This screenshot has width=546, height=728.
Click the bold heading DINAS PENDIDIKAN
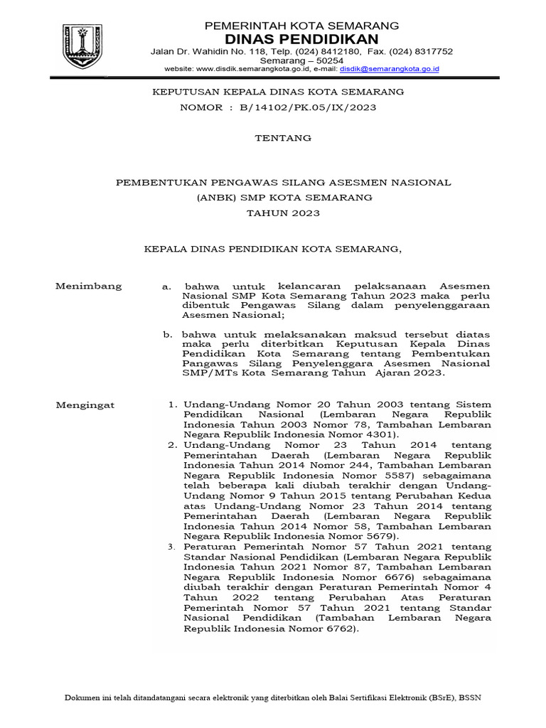pyautogui.click(x=301, y=38)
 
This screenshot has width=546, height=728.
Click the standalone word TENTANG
pyautogui.click(x=283, y=139)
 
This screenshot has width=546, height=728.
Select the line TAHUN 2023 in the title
pyautogui.click(x=283, y=213)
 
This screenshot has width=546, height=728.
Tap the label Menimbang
pyautogui.click(x=89, y=287)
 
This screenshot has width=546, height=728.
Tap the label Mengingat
pyautogui.click(x=85, y=405)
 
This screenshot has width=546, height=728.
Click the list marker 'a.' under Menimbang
pyautogui.click(x=166, y=287)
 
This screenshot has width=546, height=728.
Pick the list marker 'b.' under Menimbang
pyautogui.click(x=166, y=334)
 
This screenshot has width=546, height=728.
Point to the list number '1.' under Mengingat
pyautogui.click(x=172, y=405)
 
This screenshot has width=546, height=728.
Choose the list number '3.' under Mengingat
pyautogui.click(x=172, y=547)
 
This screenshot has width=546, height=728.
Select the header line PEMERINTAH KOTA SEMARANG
pyautogui.click(x=301, y=26)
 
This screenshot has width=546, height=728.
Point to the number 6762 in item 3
pyautogui.click(x=338, y=630)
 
